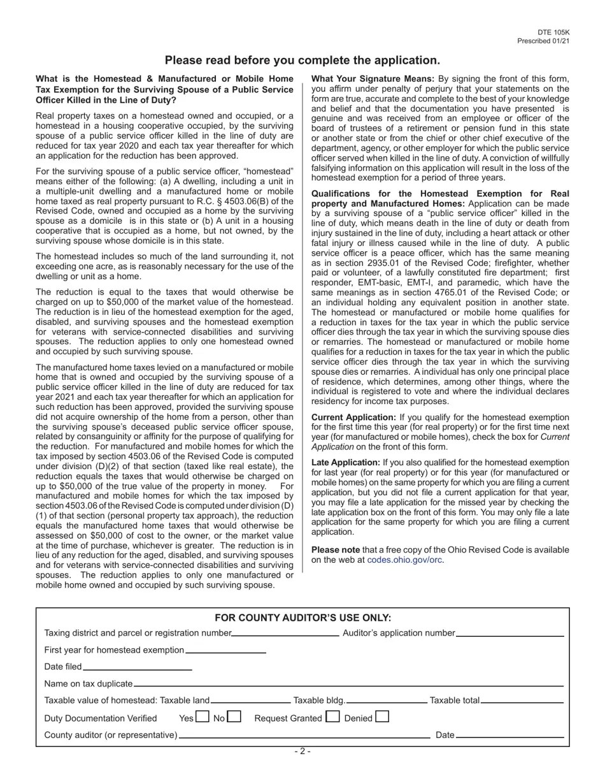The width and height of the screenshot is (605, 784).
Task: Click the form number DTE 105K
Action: (553, 33)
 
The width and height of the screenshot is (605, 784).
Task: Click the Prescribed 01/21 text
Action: (543, 41)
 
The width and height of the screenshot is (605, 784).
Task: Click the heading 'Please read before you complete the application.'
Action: (302, 61)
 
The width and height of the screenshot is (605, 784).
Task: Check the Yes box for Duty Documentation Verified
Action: (202, 716)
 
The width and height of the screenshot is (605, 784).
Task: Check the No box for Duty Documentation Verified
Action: (234, 716)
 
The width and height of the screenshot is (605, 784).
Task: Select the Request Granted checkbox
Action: (332, 716)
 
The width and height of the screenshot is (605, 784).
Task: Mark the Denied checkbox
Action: (382, 716)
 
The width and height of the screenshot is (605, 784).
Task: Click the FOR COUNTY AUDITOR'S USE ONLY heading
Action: (302, 618)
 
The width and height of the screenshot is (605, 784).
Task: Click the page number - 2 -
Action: (302, 751)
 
